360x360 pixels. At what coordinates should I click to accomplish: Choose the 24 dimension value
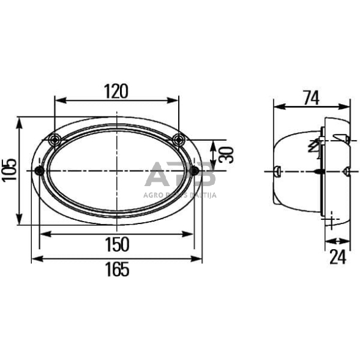337,257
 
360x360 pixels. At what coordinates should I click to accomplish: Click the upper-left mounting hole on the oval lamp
55,138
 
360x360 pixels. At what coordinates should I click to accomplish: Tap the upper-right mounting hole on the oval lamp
178,138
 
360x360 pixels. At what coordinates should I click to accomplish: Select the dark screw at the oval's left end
40,170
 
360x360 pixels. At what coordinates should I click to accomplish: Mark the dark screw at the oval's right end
196,170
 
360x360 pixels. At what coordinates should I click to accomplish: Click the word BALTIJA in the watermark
203,195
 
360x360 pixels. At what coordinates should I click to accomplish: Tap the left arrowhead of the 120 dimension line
58,100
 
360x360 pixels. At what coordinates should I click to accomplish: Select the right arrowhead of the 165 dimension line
199,259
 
